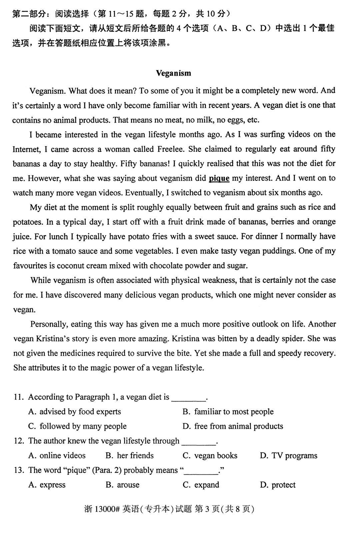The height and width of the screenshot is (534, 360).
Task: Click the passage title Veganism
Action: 173,73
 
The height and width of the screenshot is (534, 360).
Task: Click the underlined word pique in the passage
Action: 219,178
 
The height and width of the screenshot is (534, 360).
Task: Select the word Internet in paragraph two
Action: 26,149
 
